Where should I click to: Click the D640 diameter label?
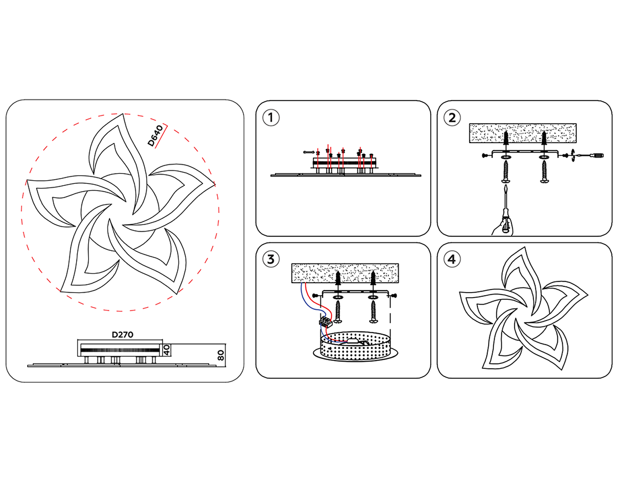[x=155, y=136]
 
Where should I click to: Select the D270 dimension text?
[x=122, y=335]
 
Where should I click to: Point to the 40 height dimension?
[x=166, y=350]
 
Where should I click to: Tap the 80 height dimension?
[x=221, y=355]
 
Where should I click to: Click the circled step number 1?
[x=271, y=118]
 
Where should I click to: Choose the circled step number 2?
[x=452, y=118]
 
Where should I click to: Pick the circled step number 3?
[x=271, y=260]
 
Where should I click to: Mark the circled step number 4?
[x=452, y=260]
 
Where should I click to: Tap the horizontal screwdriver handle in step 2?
[x=596, y=155]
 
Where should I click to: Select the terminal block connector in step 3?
[x=325, y=322]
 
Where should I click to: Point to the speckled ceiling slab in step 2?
[x=522, y=133]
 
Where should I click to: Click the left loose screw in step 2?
[x=506, y=171]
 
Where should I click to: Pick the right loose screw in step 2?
[x=544, y=171]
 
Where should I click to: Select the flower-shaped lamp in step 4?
[x=524, y=309]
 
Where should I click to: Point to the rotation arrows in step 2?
[x=573, y=155]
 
